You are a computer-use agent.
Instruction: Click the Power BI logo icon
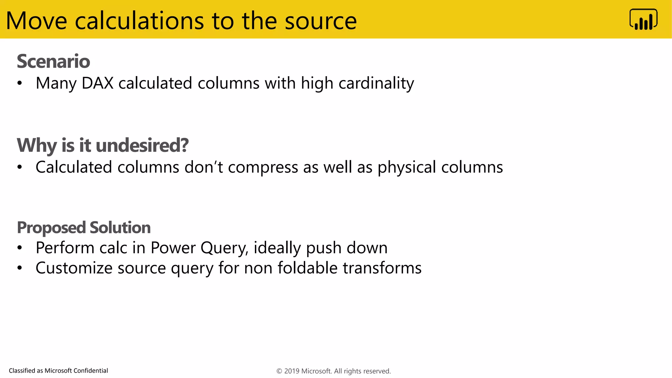(x=643, y=19)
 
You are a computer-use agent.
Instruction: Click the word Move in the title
(x=36, y=21)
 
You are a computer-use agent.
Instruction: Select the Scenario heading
(x=53, y=61)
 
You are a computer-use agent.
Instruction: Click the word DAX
(x=97, y=83)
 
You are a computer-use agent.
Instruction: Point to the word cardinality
(x=376, y=83)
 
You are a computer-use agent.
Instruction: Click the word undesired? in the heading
(x=142, y=145)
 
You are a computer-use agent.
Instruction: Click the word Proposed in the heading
(x=51, y=228)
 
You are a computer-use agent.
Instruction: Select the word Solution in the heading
(x=120, y=227)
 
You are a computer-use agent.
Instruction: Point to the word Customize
(x=74, y=268)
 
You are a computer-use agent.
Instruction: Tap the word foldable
(x=307, y=268)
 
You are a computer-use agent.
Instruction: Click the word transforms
(x=382, y=268)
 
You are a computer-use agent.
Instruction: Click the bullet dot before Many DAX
(x=20, y=83)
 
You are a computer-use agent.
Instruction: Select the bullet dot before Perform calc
(x=20, y=248)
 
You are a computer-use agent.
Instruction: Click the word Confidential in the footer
(x=90, y=371)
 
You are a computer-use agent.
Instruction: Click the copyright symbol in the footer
(x=279, y=371)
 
